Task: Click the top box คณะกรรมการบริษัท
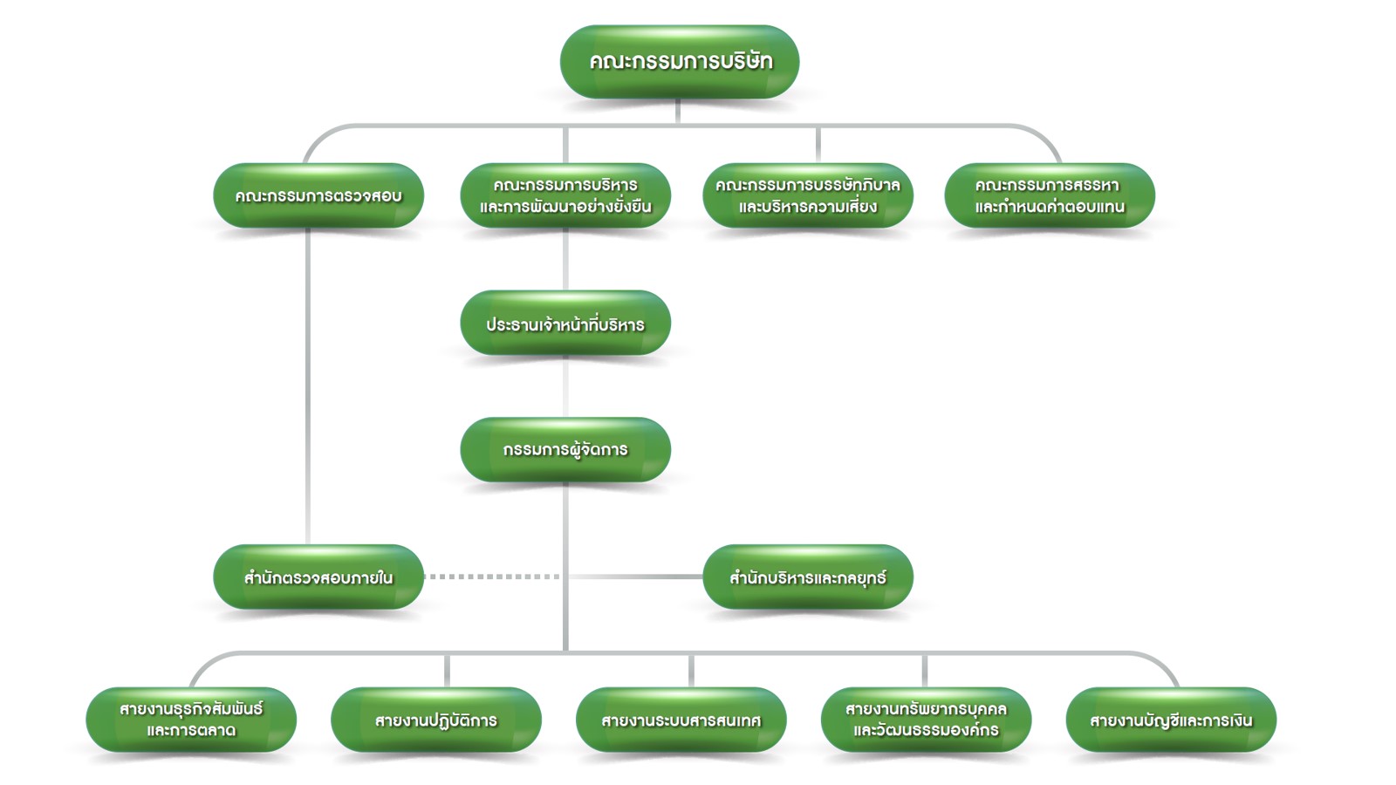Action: coord(679,61)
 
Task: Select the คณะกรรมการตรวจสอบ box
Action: coord(318,195)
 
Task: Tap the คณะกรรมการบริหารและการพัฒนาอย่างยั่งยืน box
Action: coord(565,195)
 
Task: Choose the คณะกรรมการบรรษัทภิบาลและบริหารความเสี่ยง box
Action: coord(807,195)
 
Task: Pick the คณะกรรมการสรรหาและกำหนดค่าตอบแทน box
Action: coord(1049,195)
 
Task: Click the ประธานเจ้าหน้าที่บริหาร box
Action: coord(565,324)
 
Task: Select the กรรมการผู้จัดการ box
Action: coord(565,450)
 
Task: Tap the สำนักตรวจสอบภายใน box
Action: coord(318,577)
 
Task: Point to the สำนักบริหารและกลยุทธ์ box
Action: coord(807,577)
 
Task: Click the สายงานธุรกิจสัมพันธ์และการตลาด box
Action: coord(191,720)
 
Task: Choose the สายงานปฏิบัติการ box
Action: coord(436,720)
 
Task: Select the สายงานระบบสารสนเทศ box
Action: coord(681,720)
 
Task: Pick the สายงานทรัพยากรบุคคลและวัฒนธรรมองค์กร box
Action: coord(926,720)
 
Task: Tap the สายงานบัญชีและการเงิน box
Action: coord(1171,720)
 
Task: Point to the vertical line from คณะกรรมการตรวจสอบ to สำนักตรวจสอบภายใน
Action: coord(308,384)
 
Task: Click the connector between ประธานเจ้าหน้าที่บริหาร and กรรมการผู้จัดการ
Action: coord(565,386)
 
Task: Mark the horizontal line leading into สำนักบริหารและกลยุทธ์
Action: coord(637,577)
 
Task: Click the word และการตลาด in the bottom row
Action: coord(191,731)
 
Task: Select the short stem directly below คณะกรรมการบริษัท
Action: coord(678,111)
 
